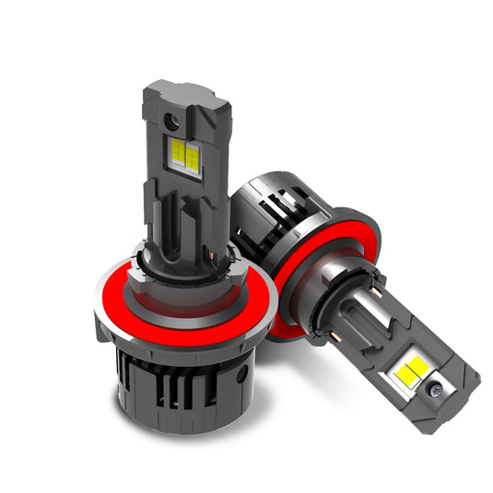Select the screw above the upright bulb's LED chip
[172, 122]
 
